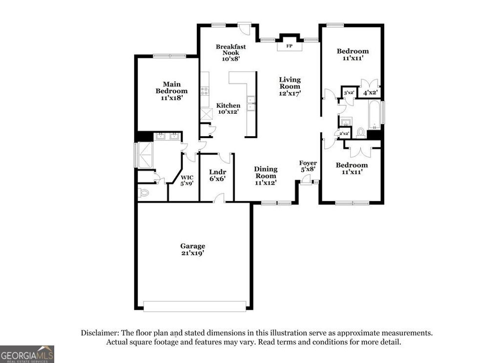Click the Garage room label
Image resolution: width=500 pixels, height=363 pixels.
(x=192, y=249)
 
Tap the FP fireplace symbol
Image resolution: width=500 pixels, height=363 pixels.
(x=289, y=46)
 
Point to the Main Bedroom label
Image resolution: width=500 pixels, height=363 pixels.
(x=171, y=91)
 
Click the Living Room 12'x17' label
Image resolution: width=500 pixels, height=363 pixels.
(x=290, y=86)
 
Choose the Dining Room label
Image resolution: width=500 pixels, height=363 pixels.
(x=266, y=176)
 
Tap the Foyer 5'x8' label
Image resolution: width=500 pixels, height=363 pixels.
(x=308, y=166)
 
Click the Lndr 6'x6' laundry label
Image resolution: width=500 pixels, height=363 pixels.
(x=217, y=175)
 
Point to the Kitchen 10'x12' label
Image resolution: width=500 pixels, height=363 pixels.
(x=229, y=108)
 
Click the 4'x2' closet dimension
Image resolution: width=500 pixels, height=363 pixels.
(x=370, y=92)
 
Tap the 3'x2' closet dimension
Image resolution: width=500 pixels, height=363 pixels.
(x=349, y=92)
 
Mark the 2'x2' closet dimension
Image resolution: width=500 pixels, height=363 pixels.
(x=344, y=133)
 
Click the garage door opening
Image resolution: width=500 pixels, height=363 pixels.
(x=195, y=306)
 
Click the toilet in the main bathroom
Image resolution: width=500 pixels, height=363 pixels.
(x=144, y=193)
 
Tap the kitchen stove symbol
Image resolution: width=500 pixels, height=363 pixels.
(x=205, y=91)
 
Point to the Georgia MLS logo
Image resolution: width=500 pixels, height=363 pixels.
(x=27, y=354)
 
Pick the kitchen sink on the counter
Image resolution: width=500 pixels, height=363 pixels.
(x=251, y=103)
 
